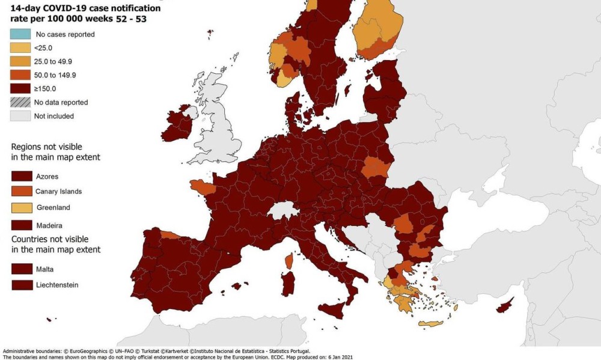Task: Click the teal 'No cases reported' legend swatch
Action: pyautogui.click(x=20, y=34)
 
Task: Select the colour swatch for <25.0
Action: pyautogui.click(x=20, y=47)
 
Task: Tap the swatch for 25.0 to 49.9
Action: pyautogui.click(x=20, y=61)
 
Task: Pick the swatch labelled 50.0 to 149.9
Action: pyautogui.click(x=20, y=75)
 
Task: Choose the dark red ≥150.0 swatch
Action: pyautogui.click(x=20, y=88)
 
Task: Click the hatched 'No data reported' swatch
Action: pyautogui.click(x=20, y=102)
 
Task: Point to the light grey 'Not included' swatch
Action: pyautogui.click(x=20, y=116)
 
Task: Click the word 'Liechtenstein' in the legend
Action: pyautogui.click(x=58, y=285)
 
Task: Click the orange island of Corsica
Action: pyautogui.click(x=288, y=261)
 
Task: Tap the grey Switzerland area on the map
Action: pyautogui.click(x=282, y=211)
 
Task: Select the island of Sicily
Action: pyautogui.click(x=334, y=310)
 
